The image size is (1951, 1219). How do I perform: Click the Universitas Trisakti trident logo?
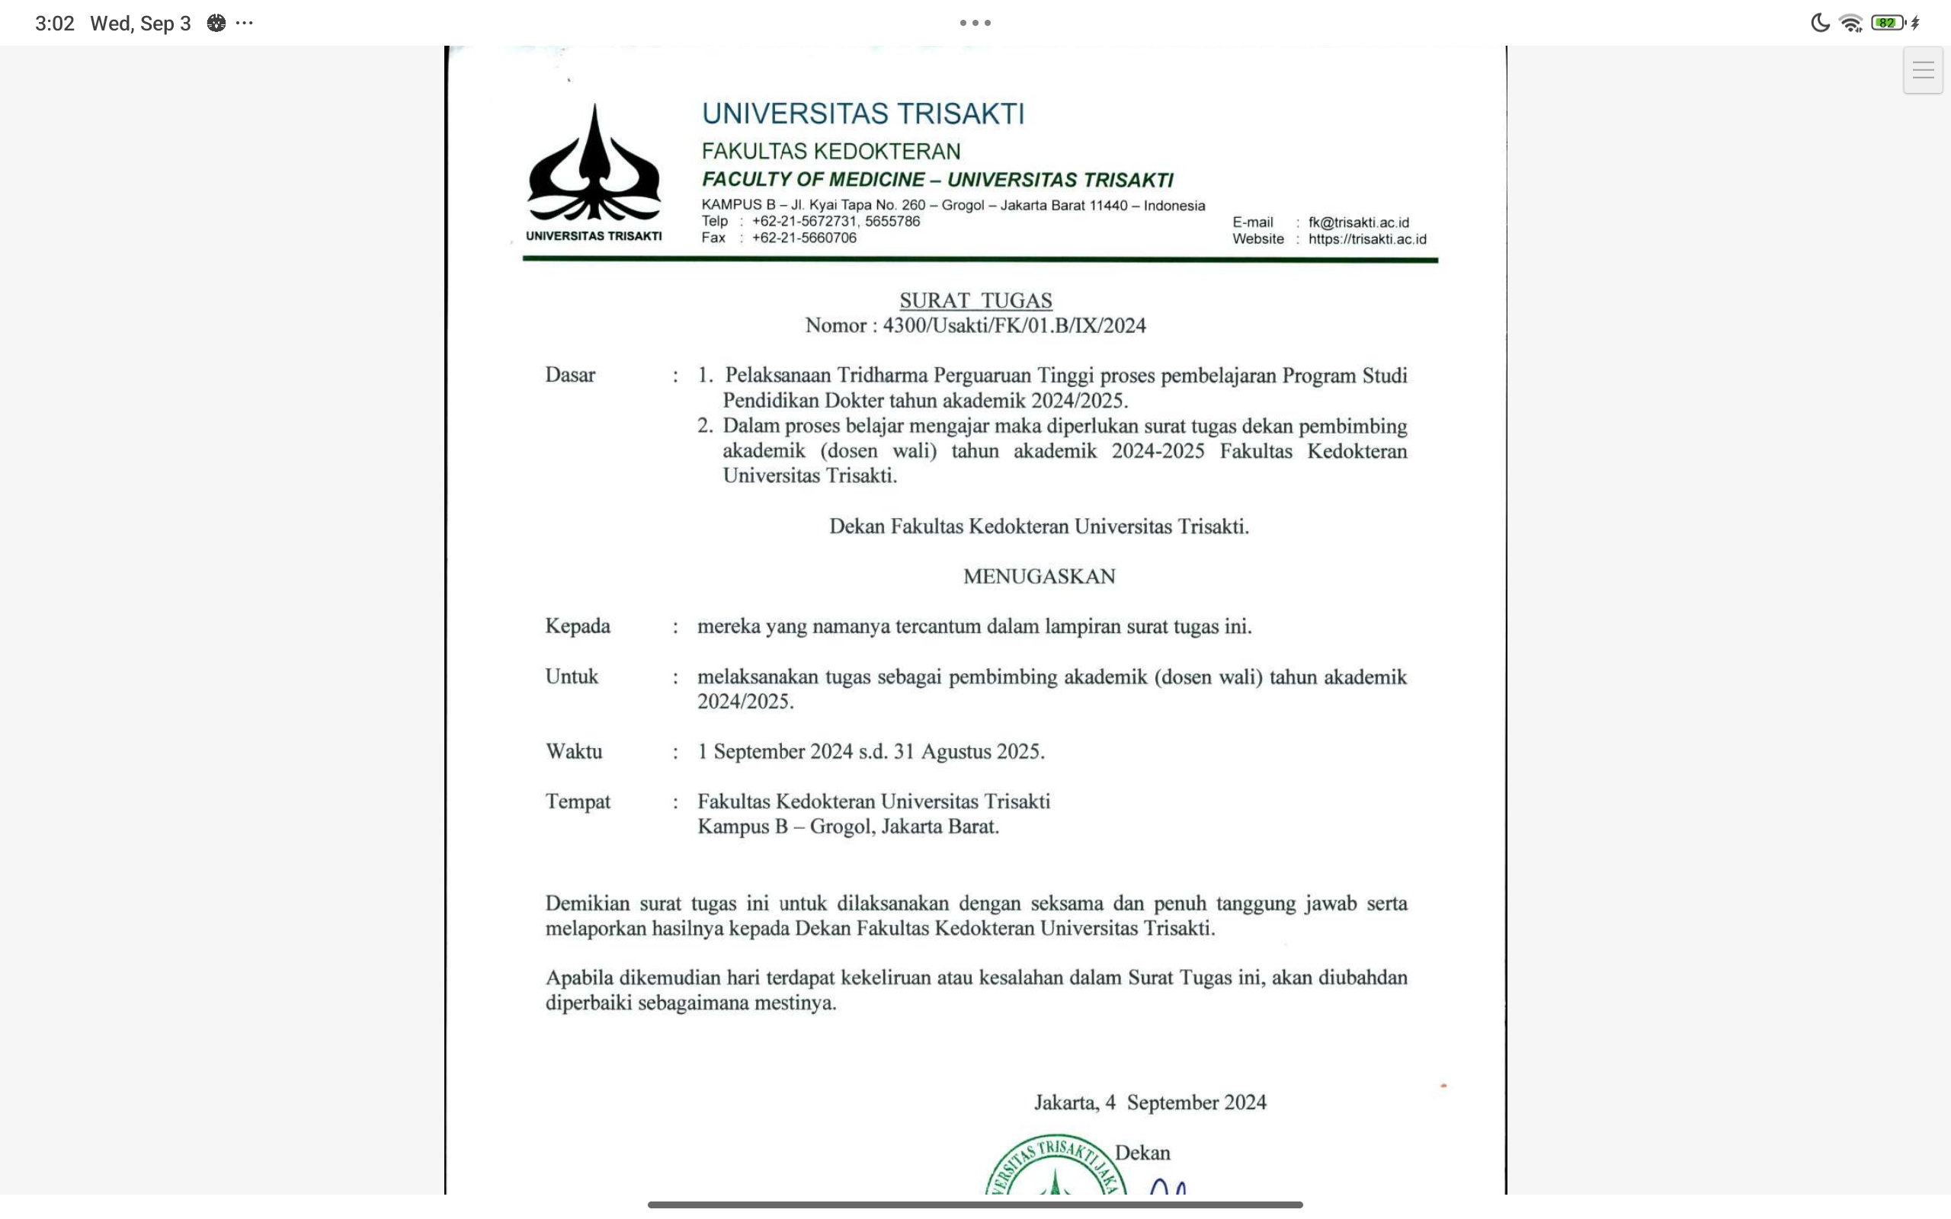pos(594,165)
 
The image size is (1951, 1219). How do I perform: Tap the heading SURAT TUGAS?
pos(975,301)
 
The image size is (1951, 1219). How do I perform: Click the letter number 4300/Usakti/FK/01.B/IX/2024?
pos(1014,326)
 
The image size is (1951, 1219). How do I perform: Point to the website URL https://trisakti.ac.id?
pos(1367,239)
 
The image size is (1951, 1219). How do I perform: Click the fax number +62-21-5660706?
pos(804,238)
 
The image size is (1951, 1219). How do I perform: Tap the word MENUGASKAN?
pos(1040,577)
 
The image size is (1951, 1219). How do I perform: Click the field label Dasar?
pos(570,375)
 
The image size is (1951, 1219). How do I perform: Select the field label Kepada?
pos(577,626)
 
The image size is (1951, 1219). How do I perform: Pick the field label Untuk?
pos(572,677)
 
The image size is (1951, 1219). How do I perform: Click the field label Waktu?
pos(574,751)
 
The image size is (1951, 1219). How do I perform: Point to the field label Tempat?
pos(578,801)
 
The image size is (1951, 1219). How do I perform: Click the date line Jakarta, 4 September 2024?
pos(1151,1102)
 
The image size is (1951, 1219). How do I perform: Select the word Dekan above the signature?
pos(1142,1153)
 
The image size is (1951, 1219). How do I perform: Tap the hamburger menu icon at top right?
pos(1923,70)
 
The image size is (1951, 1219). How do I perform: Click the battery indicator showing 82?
pos(1887,24)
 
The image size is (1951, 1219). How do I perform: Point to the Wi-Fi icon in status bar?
pos(1851,24)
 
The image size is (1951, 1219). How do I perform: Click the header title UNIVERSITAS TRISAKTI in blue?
pos(863,114)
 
